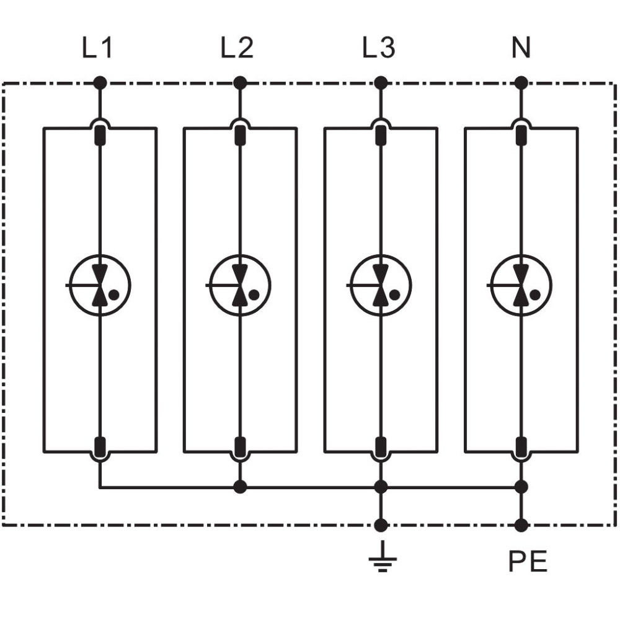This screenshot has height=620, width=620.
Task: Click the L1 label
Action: click(x=97, y=48)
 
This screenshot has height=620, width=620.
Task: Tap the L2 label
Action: click(x=237, y=48)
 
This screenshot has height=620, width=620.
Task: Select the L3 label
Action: click(x=378, y=48)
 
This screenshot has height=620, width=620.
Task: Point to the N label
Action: click(x=521, y=48)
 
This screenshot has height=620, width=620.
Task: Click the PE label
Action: click(x=528, y=561)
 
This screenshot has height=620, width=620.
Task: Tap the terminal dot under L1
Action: click(x=100, y=83)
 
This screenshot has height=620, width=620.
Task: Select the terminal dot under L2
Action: click(x=239, y=83)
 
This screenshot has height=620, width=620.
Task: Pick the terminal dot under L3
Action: click(x=381, y=83)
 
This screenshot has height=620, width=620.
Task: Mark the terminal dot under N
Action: click(x=521, y=83)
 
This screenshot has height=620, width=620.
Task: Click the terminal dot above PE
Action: click(x=521, y=526)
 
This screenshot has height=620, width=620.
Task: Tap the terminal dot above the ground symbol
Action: click(x=381, y=526)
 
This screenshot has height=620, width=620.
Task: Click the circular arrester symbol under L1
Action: click(x=100, y=285)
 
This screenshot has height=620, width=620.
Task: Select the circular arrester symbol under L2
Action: click(x=239, y=285)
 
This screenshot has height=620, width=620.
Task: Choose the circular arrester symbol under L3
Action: click(x=381, y=285)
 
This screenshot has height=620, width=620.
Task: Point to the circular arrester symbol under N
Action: click(x=521, y=285)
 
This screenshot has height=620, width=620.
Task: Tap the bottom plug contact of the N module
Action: click(x=521, y=446)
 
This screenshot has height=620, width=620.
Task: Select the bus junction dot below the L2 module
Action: click(x=239, y=487)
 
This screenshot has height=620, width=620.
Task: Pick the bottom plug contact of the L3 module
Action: click(x=381, y=446)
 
